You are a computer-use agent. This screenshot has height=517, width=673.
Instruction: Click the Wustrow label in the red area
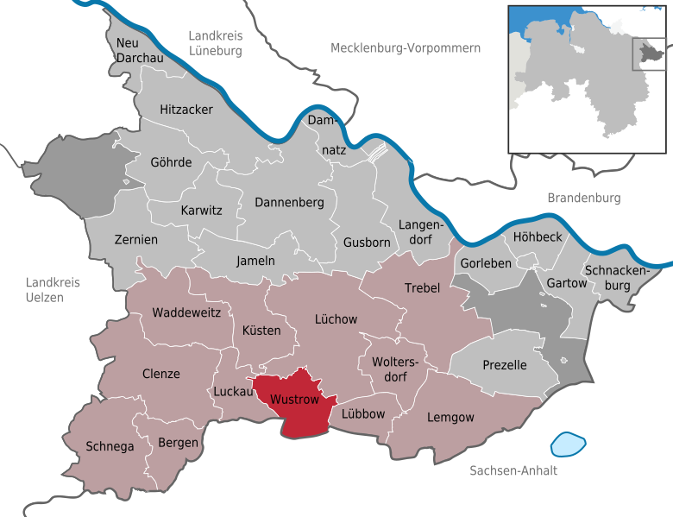294,400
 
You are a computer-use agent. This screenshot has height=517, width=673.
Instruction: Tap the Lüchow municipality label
336,319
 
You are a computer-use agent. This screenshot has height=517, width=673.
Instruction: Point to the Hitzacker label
186,110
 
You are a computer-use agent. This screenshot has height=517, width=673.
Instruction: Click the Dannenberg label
289,202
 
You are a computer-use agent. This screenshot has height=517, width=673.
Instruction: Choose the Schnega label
110,446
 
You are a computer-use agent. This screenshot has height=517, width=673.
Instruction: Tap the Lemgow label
450,417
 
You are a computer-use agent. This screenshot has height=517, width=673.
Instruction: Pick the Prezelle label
505,365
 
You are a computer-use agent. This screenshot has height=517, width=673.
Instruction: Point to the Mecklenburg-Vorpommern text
406,48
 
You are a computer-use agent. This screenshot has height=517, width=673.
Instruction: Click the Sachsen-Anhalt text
513,470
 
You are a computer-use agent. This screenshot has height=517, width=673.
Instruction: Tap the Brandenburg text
584,198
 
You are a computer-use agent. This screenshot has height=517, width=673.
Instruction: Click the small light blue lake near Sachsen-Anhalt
568,444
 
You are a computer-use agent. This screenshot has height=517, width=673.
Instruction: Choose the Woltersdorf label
393,369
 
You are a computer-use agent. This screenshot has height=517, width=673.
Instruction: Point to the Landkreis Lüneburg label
216,43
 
